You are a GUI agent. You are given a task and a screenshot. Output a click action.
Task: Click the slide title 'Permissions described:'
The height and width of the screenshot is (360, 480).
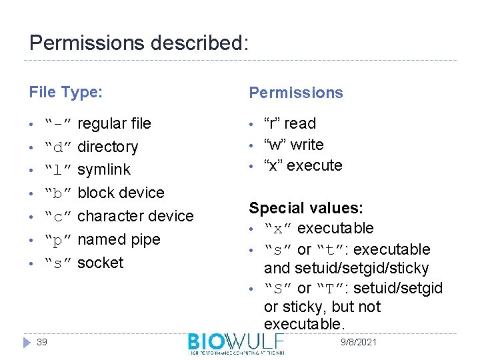click(139, 43)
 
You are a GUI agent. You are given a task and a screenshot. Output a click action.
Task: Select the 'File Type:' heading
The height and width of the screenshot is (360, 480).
click(65, 92)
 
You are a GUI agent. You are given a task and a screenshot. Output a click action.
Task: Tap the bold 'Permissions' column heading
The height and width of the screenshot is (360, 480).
click(296, 93)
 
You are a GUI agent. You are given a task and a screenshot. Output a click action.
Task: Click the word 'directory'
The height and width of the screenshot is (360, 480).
click(108, 147)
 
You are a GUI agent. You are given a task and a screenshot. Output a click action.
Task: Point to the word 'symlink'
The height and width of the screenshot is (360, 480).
click(104, 169)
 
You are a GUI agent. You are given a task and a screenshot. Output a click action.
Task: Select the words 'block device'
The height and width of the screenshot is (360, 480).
click(121, 193)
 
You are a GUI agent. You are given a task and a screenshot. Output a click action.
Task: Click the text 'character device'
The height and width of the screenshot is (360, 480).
click(135, 216)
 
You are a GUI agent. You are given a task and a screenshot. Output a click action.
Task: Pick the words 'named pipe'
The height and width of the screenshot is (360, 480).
click(119, 239)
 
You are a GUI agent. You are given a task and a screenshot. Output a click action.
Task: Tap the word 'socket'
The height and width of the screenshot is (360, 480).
click(101, 262)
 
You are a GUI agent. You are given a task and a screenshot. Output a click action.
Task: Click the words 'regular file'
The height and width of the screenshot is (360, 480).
click(114, 123)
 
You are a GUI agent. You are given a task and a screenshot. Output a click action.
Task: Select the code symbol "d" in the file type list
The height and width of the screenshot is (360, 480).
click(58, 147)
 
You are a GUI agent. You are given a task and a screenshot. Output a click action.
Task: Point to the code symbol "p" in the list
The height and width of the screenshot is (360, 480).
click(58, 239)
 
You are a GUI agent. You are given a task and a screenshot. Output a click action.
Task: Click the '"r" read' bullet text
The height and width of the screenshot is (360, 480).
click(290, 123)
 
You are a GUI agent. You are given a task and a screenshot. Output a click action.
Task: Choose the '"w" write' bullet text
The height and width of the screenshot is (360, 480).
click(294, 145)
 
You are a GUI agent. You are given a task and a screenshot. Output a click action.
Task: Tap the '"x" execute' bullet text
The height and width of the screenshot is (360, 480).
click(303, 165)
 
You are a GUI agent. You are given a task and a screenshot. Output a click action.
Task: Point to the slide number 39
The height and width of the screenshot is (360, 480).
click(42, 342)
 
